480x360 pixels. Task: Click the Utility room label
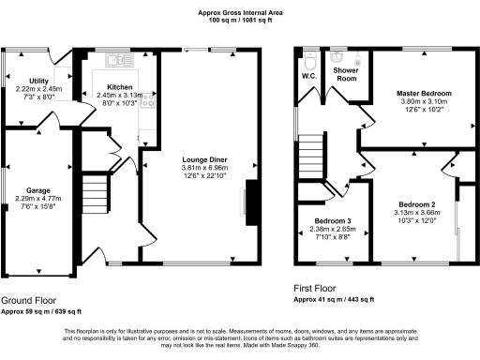[x=39, y=82]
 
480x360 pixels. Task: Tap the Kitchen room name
[x=105, y=86]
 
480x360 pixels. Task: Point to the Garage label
[x=39, y=188]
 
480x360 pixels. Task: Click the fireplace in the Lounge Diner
[x=250, y=202]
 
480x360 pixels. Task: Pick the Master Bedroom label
[x=425, y=95]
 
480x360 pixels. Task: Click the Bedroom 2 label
[x=417, y=204]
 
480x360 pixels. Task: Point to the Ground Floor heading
[x=26, y=300]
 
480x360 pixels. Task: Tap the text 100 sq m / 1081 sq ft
[x=239, y=20]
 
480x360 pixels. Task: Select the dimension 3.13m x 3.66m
[x=417, y=213]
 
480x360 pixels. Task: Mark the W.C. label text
[x=308, y=76]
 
